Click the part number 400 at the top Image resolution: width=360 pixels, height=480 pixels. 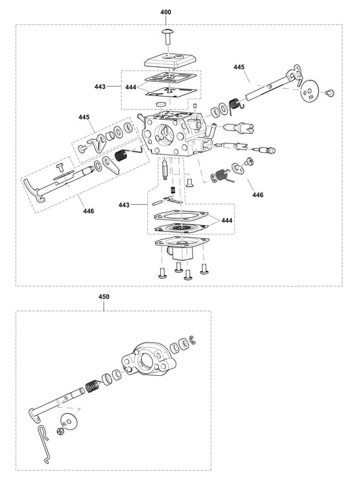pos(166,13)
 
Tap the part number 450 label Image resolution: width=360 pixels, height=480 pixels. pos(103,297)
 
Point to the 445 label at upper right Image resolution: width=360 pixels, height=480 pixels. pos(239,67)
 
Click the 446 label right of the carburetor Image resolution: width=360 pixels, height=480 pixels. pos(257,195)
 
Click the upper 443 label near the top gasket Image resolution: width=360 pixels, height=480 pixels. pos(100,87)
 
